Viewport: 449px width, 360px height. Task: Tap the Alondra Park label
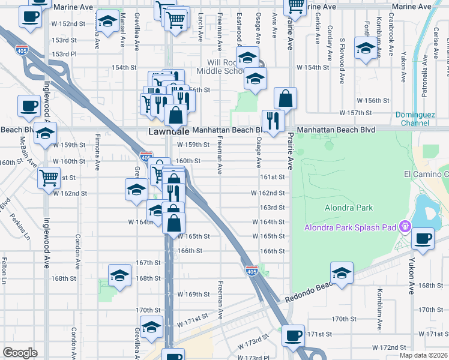349,208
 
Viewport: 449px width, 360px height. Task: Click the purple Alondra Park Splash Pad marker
405,227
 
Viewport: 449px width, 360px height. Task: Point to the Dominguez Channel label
421,119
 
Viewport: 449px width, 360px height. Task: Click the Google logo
20,353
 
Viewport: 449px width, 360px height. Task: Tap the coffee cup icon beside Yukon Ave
423,239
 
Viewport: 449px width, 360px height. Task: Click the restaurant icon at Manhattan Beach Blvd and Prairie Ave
273,121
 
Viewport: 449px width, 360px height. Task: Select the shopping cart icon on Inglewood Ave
49,178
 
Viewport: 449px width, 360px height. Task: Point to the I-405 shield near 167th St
252,272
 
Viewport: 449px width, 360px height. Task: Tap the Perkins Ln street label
19,227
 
